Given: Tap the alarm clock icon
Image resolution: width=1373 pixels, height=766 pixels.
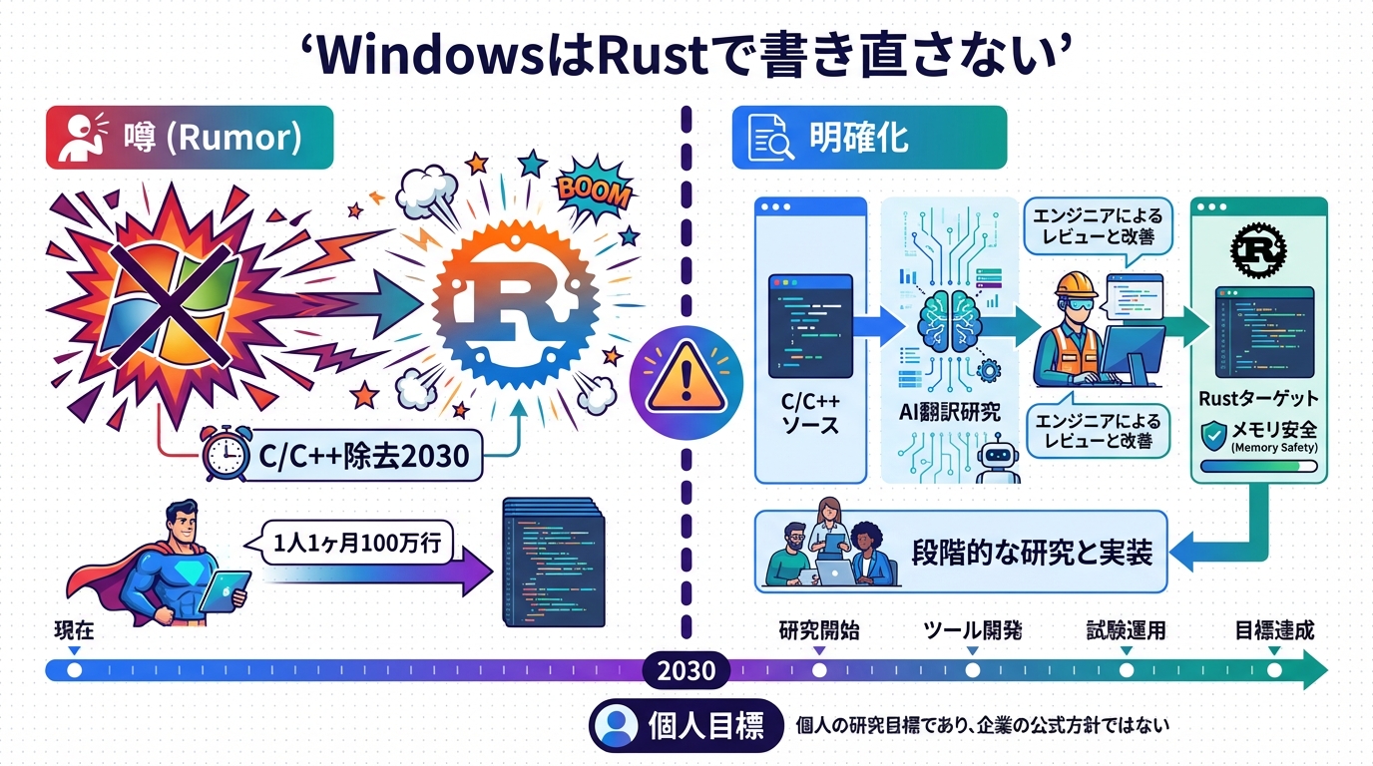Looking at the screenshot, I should [226, 455].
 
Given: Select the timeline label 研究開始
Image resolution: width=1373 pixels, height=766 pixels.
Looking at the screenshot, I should [818, 631].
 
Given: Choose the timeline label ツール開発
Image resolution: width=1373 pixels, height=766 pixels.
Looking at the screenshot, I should [971, 631].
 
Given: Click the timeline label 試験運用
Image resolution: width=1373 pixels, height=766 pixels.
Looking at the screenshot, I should [1126, 631].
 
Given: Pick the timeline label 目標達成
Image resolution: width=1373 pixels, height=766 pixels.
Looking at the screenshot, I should [1274, 631].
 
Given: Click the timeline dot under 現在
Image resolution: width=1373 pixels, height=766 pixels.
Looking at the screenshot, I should [74, 670].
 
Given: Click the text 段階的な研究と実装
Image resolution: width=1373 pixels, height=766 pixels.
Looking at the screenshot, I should [1032, 552].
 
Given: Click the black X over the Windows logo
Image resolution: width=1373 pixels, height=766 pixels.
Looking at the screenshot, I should [165, 299].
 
